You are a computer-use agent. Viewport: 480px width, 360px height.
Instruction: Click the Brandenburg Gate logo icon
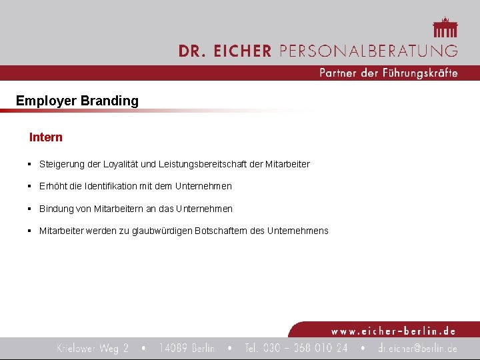(445, 28)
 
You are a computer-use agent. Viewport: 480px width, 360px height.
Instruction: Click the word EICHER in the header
(244, 51)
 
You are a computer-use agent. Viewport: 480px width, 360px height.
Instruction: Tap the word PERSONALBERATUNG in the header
(368, 51)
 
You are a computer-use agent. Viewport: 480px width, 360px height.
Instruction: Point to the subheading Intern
(46, 137)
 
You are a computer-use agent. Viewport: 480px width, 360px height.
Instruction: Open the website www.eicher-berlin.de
(393, 331)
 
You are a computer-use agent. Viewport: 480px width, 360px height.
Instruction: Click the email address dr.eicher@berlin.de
(417, 348)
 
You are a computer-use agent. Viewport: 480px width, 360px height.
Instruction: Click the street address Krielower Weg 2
(93, 348)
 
